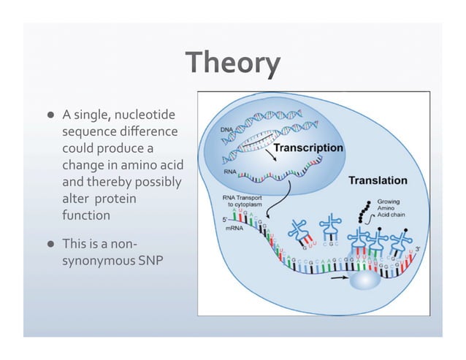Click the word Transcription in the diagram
(313, 147)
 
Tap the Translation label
(378, 180)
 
